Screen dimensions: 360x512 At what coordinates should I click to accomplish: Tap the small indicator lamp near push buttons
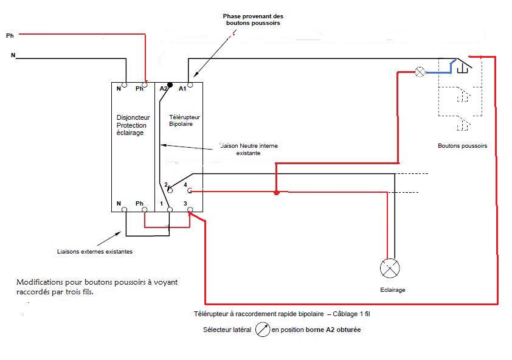420,72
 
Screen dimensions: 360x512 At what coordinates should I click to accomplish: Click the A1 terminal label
182,89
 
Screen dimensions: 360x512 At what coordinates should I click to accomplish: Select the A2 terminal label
164,89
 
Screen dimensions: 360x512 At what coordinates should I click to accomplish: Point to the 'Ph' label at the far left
10,36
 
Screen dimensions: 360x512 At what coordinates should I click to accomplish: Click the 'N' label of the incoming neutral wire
13,55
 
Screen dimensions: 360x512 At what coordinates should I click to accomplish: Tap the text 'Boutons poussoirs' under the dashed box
462,146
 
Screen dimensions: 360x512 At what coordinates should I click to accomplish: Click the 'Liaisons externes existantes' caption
94,251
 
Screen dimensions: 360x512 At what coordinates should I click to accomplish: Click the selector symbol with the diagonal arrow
263,330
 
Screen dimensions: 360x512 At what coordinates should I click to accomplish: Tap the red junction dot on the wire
277,193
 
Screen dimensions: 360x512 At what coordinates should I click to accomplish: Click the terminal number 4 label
185,184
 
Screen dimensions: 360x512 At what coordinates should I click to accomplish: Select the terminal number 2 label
165,184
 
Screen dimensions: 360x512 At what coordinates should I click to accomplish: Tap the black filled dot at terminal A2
170,85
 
